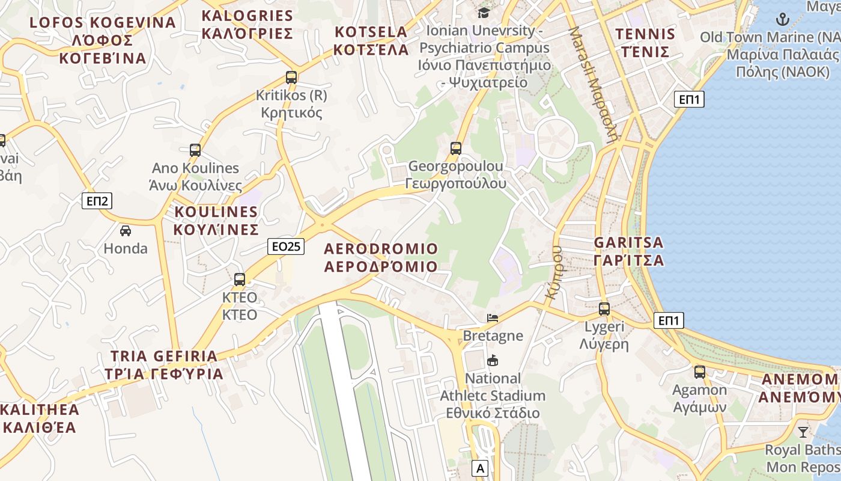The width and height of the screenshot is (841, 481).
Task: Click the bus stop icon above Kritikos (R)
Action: pyautogui.click(x=291, y=78)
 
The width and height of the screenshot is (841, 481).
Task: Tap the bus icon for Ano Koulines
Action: pyautogui.click(x=195, y=150)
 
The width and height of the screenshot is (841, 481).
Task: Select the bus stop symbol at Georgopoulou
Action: pyautogui.click(x=456, y=149)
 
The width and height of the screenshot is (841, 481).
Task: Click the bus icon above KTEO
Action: pyautogui.click(x=240, y=280)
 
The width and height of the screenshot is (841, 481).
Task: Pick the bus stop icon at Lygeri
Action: pyautogui.click(x=604, y=309)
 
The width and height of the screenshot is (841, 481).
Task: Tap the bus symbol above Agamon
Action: pyautogui.click(x=700, y=372)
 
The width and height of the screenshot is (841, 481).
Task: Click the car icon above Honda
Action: pyautogui.click(x=126, y=230)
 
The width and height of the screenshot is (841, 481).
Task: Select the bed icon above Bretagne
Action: pyautogui.click(x=493, y=317)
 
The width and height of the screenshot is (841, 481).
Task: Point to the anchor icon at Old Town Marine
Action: pyautogui.click(x=782, y=19)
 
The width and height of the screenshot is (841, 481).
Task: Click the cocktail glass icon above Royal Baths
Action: pyautogui.click(x=803, y=432)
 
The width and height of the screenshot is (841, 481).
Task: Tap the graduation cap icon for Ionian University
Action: pyautogui.click(x=484, y=13)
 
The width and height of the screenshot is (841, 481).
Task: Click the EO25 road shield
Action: pyautogui.click(x=286, y=246)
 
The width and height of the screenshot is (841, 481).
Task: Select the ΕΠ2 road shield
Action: pyautogui.click(x=97, y=201)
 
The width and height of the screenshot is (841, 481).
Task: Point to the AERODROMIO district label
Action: pyautogui.click(x=381, y=257)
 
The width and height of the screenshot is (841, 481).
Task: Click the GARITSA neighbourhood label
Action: pyautogui.click(x=629, y=251)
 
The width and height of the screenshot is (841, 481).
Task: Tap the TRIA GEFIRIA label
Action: pyautogui.click(x=164, y=365)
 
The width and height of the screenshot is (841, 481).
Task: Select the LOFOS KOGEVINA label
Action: pyautogui.click(x=103, y=40)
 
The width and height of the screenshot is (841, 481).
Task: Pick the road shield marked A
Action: pyautogui.click(x=479, y=468)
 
